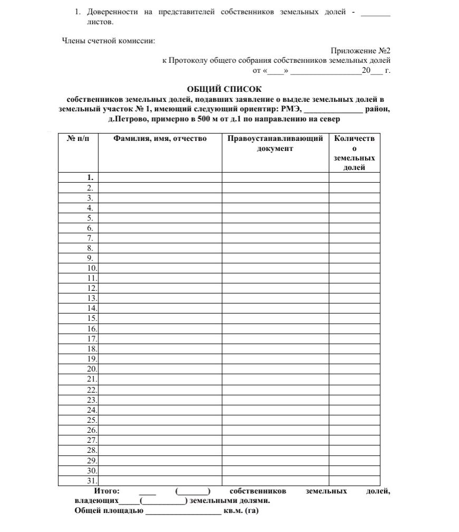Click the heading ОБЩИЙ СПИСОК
click(224, 89)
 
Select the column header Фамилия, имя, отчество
click(160, 139)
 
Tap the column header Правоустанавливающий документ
click(275, 144)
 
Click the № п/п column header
click(78, 139)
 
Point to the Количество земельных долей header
click(354, 153)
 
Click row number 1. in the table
click(90, 177)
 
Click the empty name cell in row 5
click(160, 217)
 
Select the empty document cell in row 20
click(275, 369)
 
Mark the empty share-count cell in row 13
click(354, 298)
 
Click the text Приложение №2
click(360, 51)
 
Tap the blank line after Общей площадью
click(183, 511)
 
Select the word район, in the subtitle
click(378, 109)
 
